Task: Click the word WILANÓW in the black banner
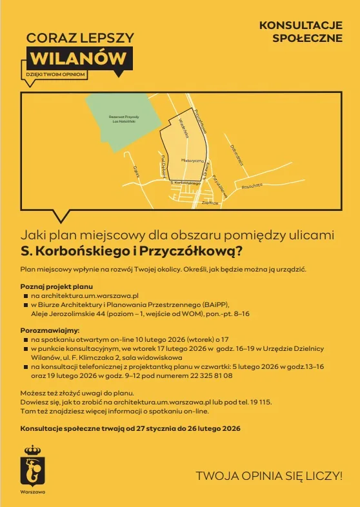point(79,57)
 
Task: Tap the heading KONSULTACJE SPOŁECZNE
point(300,32)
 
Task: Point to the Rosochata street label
point(252,185)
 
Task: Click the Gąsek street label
point(137,170)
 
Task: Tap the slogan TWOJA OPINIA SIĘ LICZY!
point(269,476)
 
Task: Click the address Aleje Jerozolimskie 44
point(71,313)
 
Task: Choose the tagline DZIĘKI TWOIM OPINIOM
point(55,74)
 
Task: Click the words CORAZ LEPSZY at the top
point(80,38)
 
